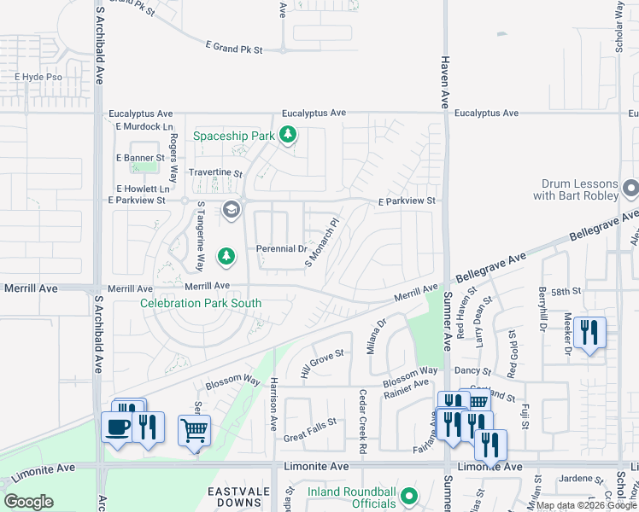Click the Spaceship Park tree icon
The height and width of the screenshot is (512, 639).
[289, 135]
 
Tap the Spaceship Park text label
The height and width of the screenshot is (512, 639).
[234, 136]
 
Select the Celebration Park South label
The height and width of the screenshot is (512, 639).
[201, 303]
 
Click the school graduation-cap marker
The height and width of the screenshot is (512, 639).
[231, 209]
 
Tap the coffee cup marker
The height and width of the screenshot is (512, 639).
[117, 427]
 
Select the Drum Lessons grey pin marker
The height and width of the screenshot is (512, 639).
[631, 187]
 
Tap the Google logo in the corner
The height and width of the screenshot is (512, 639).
[29, 501]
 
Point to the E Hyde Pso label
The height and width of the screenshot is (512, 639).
[39, 77]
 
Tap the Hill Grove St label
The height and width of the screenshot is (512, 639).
[322, 364]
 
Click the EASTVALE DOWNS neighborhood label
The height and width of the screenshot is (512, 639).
[237, 498]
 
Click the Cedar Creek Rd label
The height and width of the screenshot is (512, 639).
[362, 421]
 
